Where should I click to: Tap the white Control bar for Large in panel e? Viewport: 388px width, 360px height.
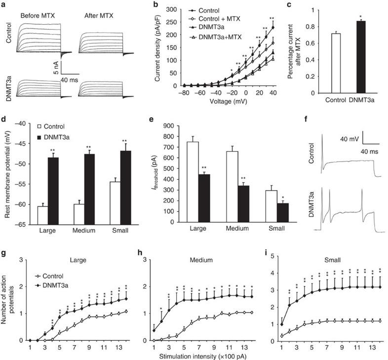coord(193,183)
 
